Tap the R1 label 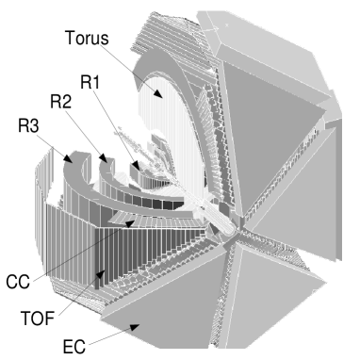(91, 83)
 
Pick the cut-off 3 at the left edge (36, 127)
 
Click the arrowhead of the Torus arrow (163, 96)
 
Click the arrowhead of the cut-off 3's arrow (74, 162)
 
